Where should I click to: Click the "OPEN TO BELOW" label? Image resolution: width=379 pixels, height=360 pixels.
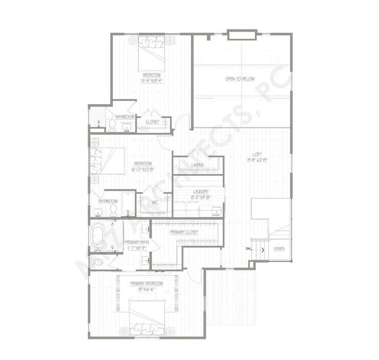coord(240,79)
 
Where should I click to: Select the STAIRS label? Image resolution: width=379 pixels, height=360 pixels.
coord(279,249)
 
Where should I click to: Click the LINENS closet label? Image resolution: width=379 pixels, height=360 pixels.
coord(197,165)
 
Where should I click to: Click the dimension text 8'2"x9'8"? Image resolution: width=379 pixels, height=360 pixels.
coord(200,197)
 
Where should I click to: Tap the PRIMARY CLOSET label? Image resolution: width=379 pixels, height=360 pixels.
coord(184,232)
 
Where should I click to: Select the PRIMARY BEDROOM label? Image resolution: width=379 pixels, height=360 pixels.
coord(147,284)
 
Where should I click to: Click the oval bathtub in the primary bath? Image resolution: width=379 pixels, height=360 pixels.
coord(99,238)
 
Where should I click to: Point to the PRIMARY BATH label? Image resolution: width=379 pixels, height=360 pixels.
coord(136,242)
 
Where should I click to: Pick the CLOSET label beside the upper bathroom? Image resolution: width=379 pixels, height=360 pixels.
coord(152,122)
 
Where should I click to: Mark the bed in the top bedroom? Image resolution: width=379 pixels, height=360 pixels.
coord(151,54)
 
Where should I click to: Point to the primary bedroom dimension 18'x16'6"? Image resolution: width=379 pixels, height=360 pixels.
coord(147,290)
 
